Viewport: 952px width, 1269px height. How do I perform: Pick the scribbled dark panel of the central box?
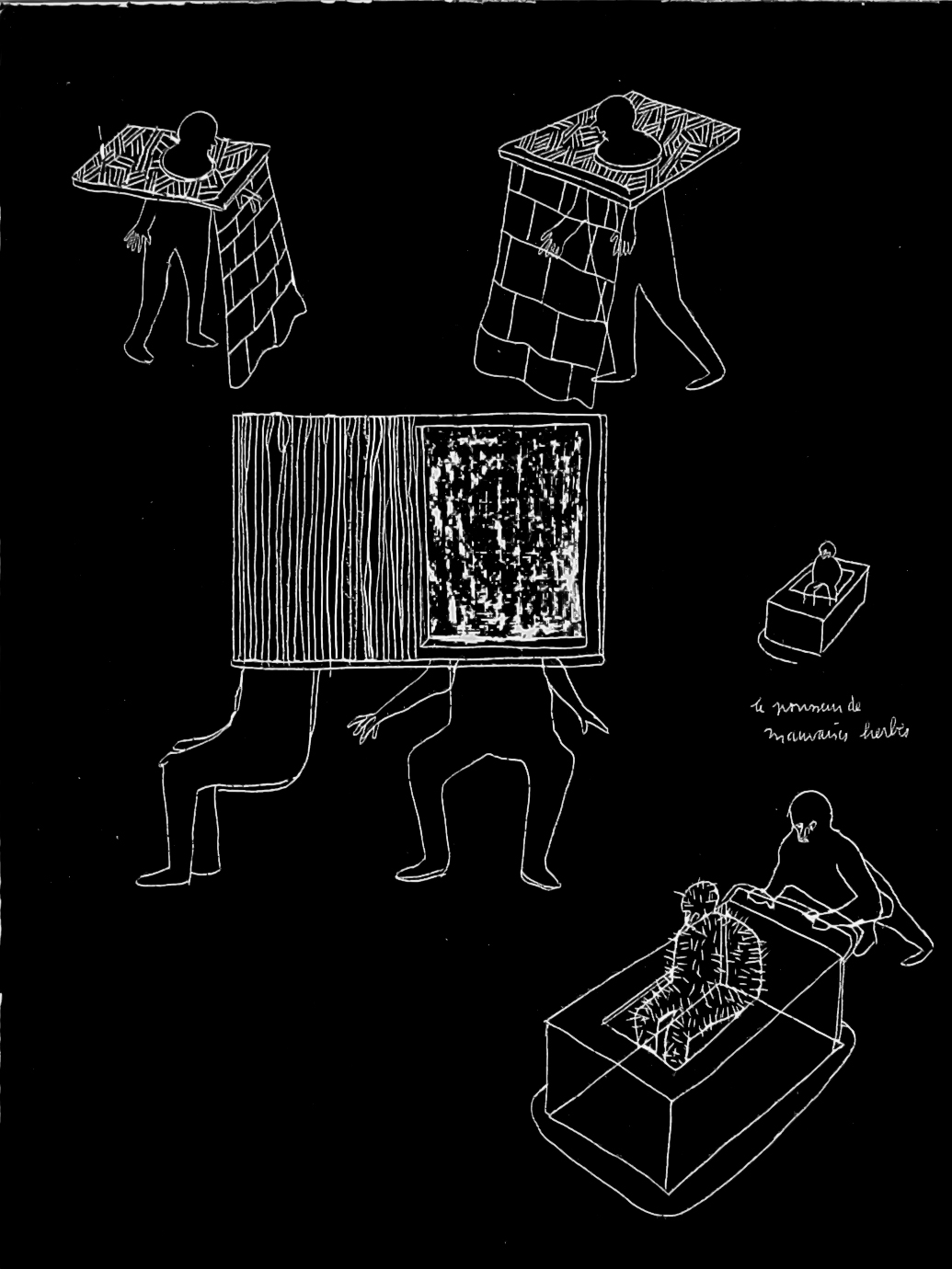click(505, 533)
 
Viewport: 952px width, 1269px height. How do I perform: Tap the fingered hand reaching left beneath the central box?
click(368, 726)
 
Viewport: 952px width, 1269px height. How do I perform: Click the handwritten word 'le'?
click(758, 708)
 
